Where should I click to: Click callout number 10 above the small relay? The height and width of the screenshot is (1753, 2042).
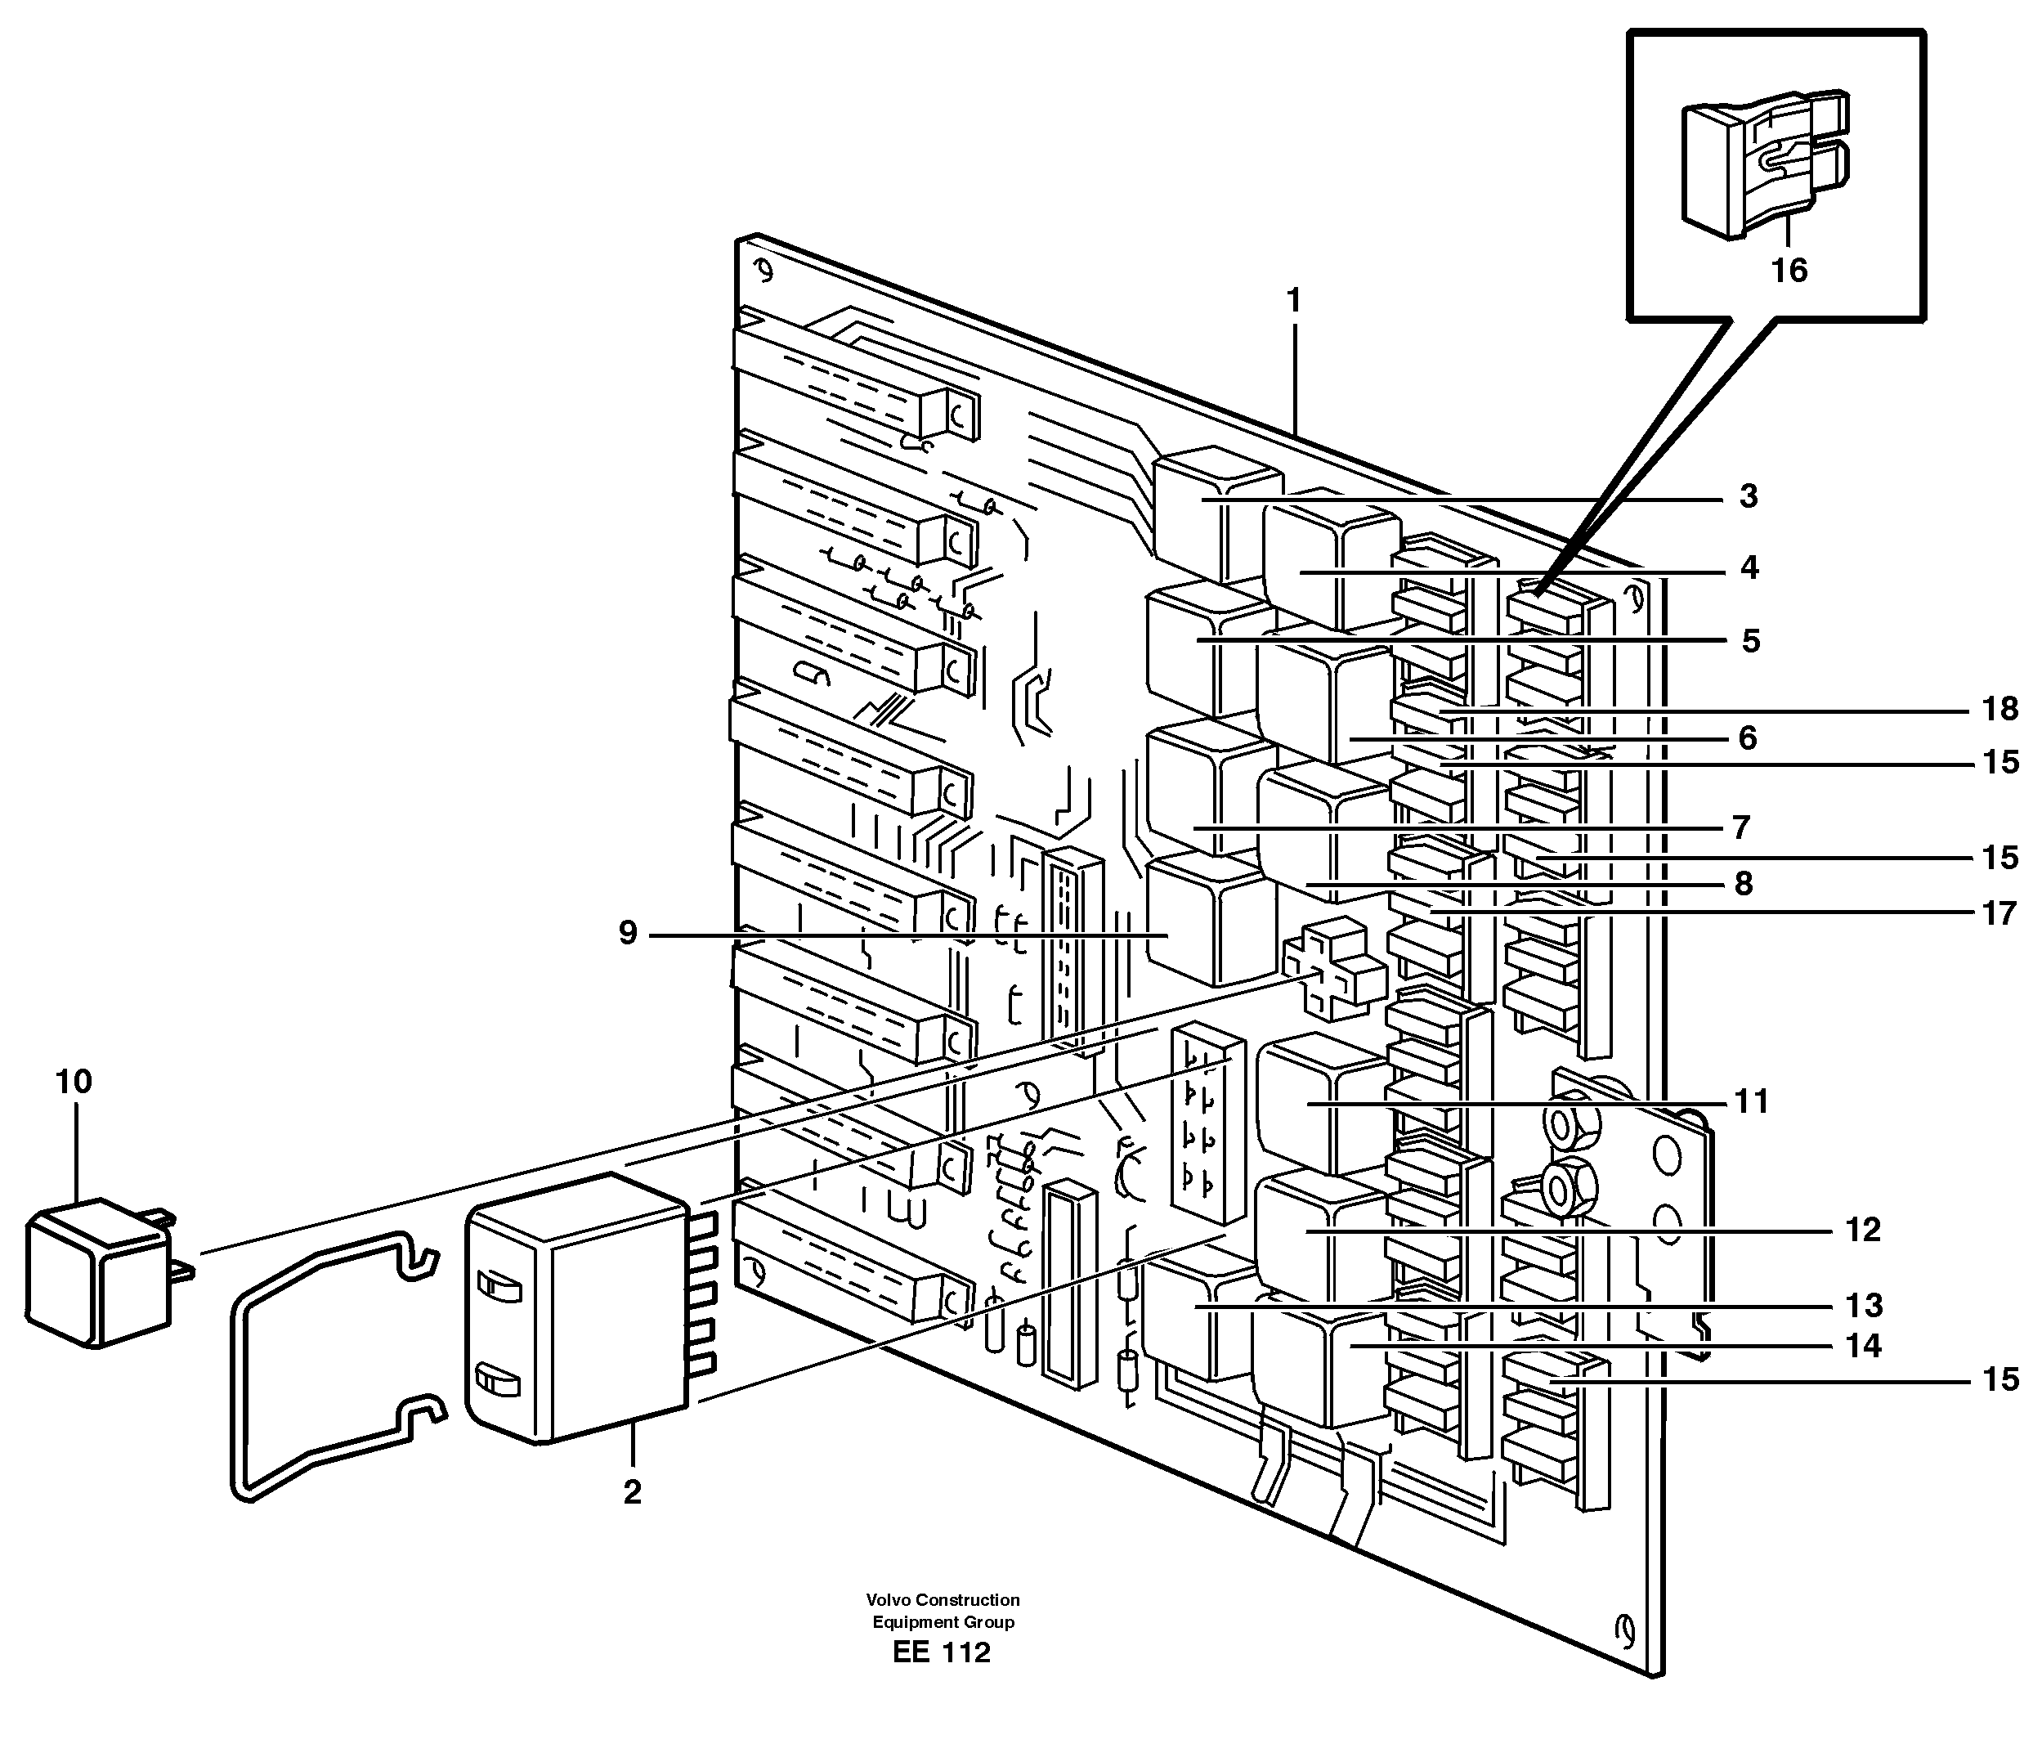(74, 1083)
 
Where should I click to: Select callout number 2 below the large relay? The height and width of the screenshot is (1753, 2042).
(632, 1491)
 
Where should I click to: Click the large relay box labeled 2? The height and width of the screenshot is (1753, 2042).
(576, 1311)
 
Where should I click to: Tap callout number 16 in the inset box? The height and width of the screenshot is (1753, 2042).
(1789, 270)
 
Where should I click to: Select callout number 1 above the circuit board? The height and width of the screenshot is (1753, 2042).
(1294, 300)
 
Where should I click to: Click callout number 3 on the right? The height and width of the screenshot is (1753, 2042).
(1749, 497)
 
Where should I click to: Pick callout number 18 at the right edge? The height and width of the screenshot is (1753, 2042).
(1999, 708)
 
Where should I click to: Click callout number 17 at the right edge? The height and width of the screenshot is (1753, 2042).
(1999, 914)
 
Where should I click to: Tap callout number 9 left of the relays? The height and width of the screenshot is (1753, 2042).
(628, 933)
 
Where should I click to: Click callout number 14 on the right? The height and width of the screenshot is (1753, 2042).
(1863, 1346)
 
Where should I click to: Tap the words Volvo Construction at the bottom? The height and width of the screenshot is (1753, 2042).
(943, 1600)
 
